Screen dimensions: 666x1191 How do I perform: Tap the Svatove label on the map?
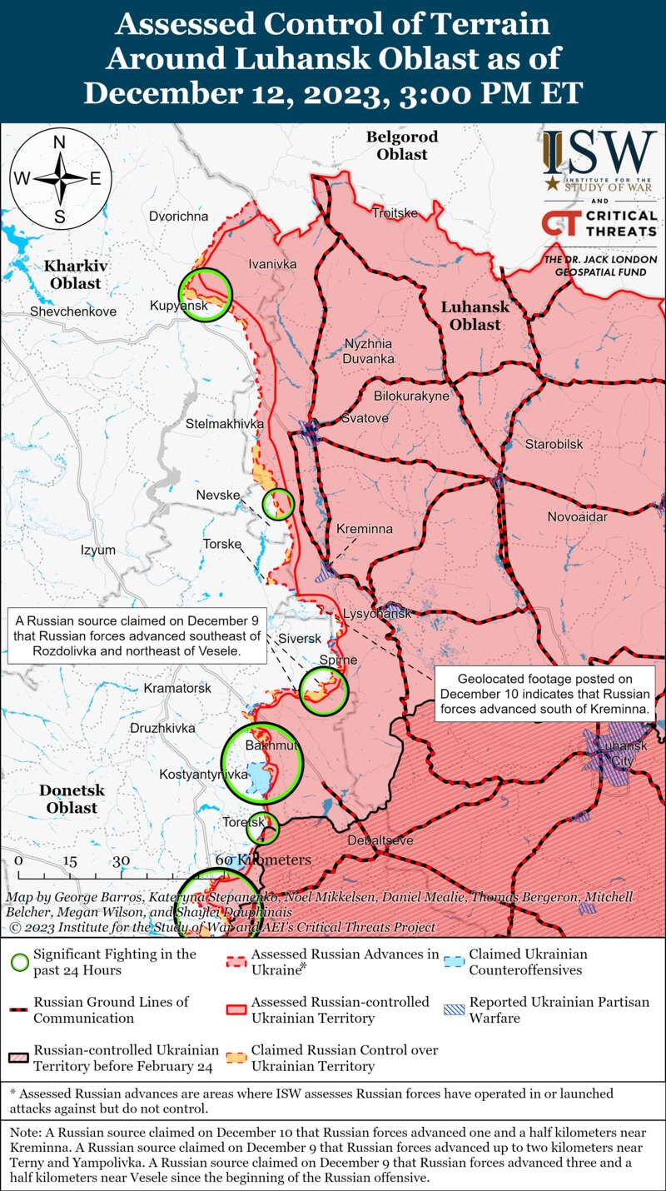[x=365, y=418]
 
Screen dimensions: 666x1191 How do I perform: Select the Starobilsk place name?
[x=554, y=445]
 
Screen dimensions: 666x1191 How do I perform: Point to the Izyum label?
[x=97, y=551]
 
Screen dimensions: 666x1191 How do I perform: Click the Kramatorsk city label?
[x=177, y=689]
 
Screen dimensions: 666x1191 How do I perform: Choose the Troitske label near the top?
[x=395, y=213]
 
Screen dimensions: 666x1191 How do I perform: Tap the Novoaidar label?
[x=578, y=518]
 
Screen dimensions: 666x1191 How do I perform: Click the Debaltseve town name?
[x=380, y=840]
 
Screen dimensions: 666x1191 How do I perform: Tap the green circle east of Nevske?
[x=278, y=503]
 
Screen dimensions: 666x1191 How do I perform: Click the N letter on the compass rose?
[x=60, y=142]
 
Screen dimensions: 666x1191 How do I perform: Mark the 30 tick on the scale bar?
[x=122, y=861]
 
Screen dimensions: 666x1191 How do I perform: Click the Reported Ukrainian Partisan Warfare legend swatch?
[x=454, y=1009]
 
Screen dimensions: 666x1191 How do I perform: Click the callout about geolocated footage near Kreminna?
[x=544, y=694]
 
